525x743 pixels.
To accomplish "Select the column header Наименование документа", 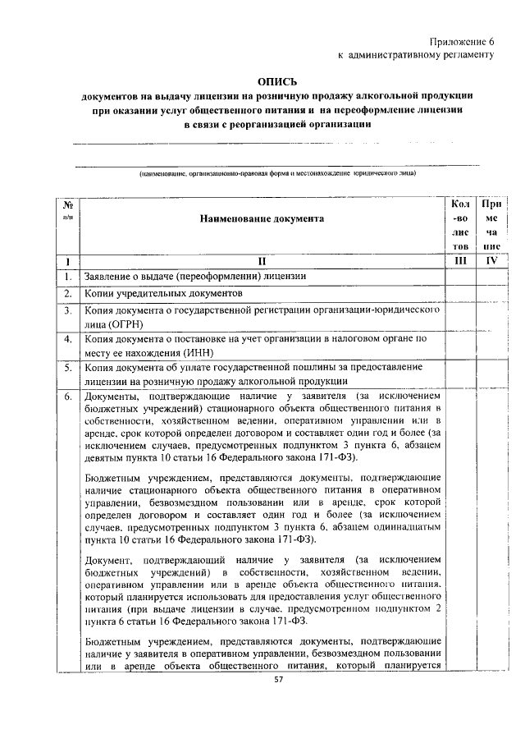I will (260, 218).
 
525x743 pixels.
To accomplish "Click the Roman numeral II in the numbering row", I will (260, 261).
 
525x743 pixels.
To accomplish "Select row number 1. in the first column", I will (68, 277).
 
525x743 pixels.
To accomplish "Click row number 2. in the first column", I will (68, 293).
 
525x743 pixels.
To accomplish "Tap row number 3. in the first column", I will (68, 311).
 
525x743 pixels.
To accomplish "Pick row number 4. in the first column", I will (68, 338).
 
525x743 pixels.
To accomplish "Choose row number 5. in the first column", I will (68, 368).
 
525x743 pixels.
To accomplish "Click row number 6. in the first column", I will (68, 397).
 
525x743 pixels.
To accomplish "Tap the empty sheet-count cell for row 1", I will (460, 277).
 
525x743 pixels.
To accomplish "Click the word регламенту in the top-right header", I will (468, 55).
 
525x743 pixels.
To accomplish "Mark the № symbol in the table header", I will (69, 204).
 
